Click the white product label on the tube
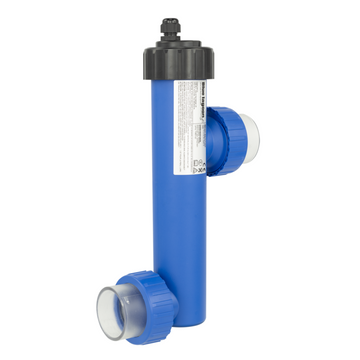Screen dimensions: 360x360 click(192, 125)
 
